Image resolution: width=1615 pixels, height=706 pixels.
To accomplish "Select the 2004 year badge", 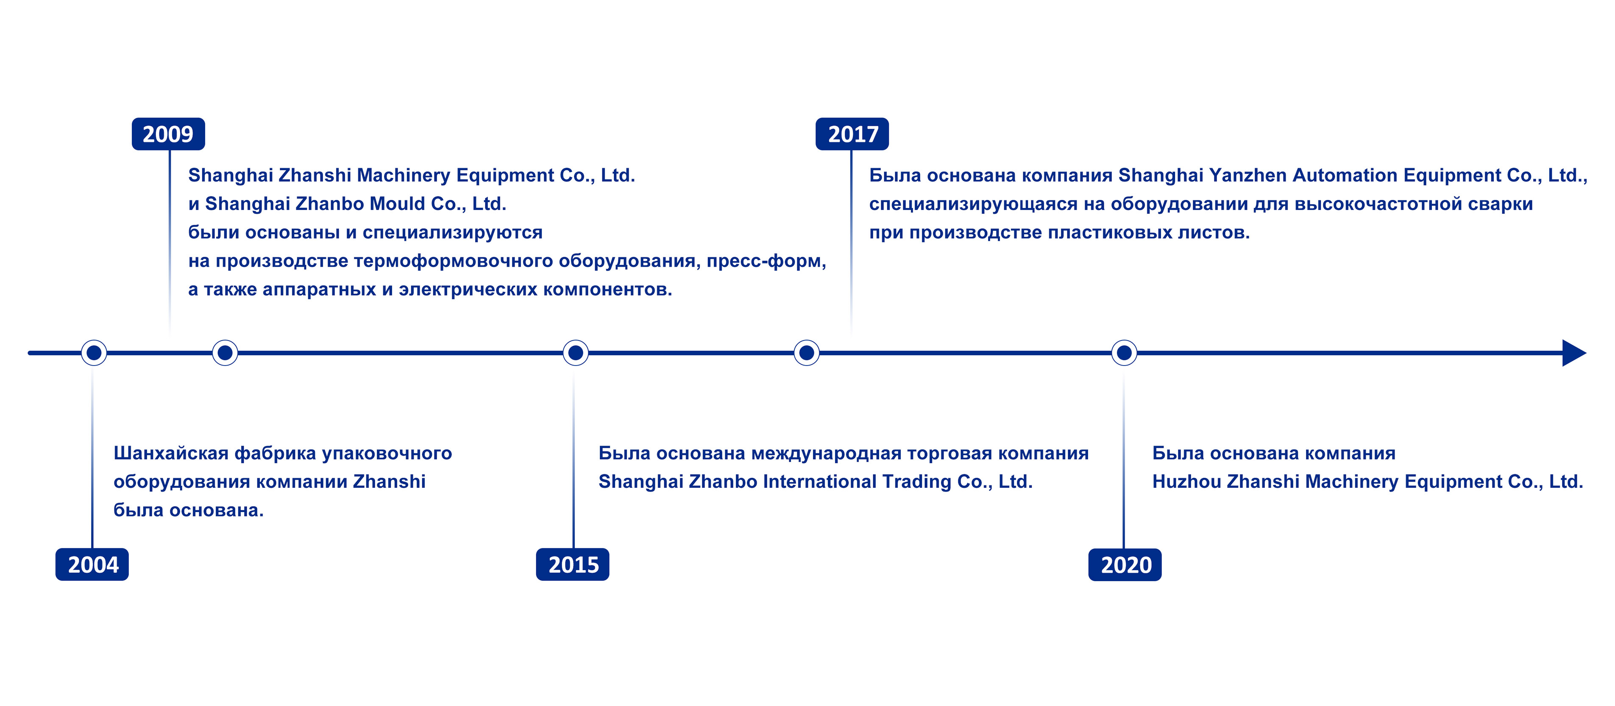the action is coord(92,565).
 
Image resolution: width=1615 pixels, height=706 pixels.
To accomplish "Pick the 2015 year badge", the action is coord(572,565).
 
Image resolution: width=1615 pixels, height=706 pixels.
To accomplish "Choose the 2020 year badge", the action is coord(1125,565).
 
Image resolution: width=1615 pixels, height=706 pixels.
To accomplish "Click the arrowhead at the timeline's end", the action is coord(1573,353).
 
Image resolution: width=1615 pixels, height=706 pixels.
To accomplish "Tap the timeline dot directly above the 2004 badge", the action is coord(94,353).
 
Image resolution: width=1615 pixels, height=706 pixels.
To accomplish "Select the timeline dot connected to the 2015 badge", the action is coord(576,353).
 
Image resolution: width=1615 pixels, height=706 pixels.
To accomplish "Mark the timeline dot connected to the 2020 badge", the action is coord(1124,353).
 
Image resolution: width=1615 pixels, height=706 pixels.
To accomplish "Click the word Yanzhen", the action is coord(1247,175).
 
